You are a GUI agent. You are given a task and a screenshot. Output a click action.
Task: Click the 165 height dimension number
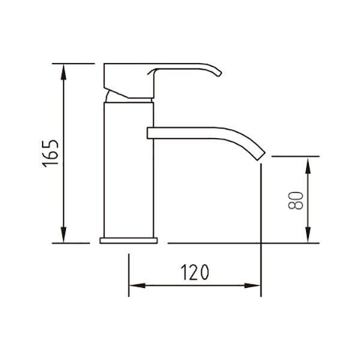pos(50,154)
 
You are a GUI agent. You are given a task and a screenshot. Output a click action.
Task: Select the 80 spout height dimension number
pos(296,200)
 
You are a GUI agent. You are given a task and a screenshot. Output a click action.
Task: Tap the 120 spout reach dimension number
pos(194,272)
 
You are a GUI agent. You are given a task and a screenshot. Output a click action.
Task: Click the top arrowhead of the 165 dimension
pos(64,72)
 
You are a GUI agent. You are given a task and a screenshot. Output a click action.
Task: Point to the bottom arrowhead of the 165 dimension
pos(64,235)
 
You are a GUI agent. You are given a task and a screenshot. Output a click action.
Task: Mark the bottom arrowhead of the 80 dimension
pos(308,235)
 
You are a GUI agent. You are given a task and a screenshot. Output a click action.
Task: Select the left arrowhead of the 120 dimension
pos(137,286)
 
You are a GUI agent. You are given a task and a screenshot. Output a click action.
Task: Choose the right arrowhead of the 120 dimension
pos(252,286)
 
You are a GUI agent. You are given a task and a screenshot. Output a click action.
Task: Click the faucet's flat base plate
pos(128,241)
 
